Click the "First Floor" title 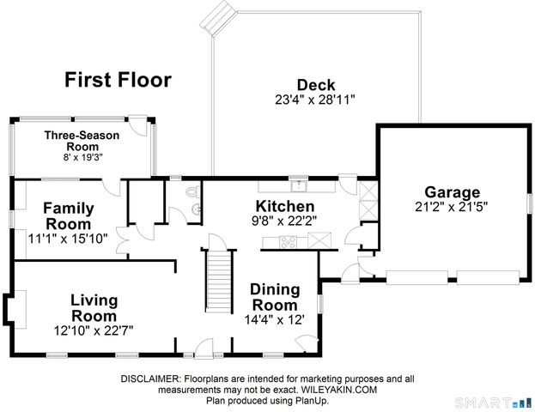coord(118,80)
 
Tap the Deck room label coord(316,85)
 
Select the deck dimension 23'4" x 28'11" coord(315,100)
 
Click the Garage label coord(452,193)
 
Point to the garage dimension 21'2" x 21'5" coord(451,207)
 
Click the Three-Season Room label coord(82,141)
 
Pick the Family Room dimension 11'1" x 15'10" coord(68,239)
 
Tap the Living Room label coord(94,308)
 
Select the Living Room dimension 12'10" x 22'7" coord(94,330)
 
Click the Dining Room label coord(275,297)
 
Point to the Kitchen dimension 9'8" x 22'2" coord(284,221)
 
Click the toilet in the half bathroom coord(193,191)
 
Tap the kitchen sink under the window coord(299,186)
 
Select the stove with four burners coord(289,242)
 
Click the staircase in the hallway coord(219,282)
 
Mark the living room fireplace coord(15,309)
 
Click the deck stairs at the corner coord(218,18)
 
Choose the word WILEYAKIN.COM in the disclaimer coord(338,390)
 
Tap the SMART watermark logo coord(483,403)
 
